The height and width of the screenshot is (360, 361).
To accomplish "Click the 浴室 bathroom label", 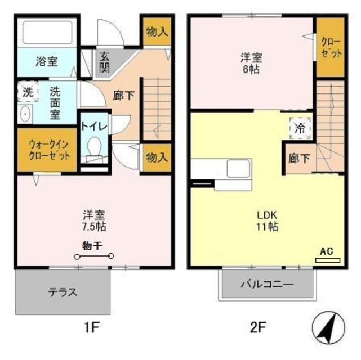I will click(47, 61).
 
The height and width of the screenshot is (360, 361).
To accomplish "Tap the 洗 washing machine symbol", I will click(27, 92).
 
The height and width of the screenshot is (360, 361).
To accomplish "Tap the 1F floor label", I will click(93, 326).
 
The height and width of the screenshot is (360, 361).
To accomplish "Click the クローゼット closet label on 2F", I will click(331, 47).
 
